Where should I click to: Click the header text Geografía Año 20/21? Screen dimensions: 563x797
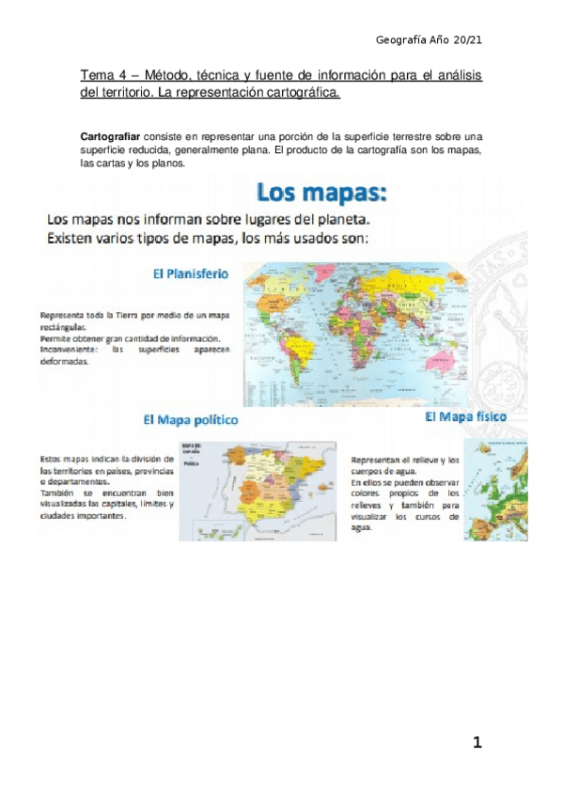coord(429,40)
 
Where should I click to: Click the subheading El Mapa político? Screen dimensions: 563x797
coord(191,419)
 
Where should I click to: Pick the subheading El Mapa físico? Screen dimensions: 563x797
coord(466,416)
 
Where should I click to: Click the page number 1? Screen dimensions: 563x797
coord(477,743)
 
